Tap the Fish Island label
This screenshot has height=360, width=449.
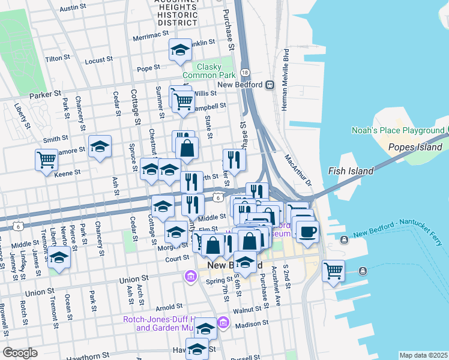(x=351, y=171)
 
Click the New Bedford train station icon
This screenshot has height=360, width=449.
(x=270, y=85)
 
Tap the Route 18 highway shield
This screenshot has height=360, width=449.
(x=244, y=72)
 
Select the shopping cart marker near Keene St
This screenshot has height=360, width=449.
(x=46, y=160)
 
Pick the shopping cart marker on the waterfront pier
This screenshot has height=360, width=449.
(x=333, y=269)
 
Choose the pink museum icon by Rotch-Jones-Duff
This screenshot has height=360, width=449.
(x=223, y=323)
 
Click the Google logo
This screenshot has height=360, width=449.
(x=20, y=353)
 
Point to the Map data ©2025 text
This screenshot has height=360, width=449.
(x=423, y=355)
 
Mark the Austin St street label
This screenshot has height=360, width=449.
(x=74, y=8)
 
